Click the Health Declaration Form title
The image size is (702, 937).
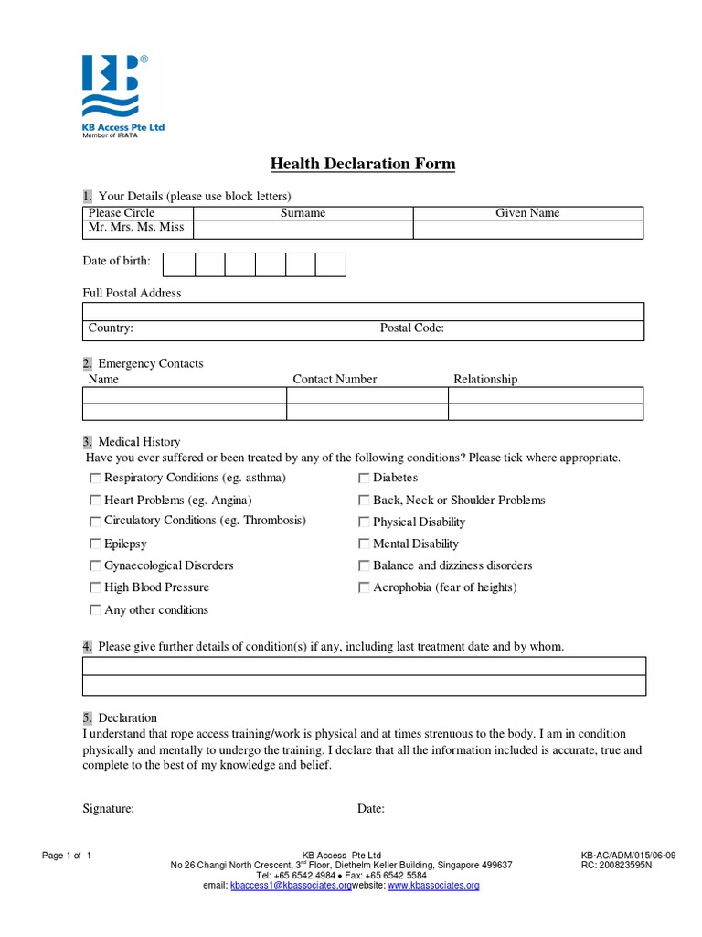click(363, 165)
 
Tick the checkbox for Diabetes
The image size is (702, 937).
click(364, 478)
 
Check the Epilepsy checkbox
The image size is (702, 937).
click(95, 544)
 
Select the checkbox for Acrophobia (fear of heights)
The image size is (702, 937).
click(364, 587)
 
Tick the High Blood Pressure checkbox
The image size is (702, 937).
click(95, 587)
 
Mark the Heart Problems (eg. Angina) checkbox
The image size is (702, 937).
click(95, 501)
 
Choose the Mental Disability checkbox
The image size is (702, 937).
click(364, 544)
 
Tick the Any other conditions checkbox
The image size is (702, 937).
click(95, 609)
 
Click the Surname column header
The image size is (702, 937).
click(303, 213)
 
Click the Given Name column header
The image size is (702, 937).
click(527, 213)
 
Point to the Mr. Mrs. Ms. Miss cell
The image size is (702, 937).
click(136, 228)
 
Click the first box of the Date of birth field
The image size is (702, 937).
click(178, 264)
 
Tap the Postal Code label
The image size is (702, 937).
click(411, 328)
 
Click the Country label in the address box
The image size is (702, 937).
click(111, 328)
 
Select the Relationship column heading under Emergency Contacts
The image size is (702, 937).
click(485, 379)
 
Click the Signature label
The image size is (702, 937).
click(109, 809)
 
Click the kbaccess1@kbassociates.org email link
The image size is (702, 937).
click(290, 886)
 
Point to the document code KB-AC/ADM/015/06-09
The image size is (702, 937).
click(628, 856)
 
